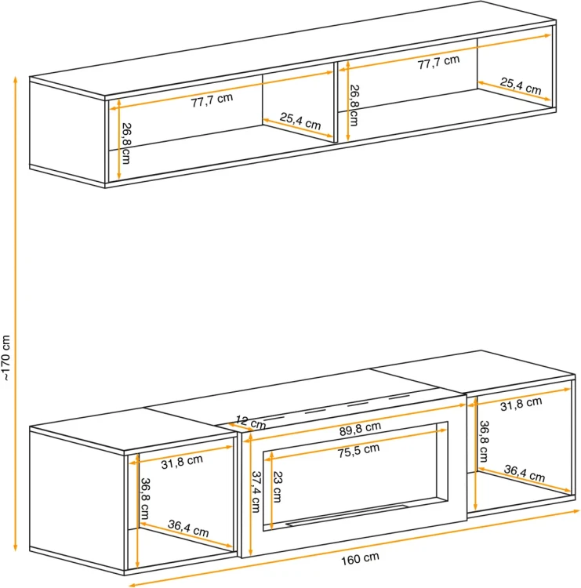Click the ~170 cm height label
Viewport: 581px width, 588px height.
[x=6, y=358]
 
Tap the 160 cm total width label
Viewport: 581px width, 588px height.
[x=360, y=559]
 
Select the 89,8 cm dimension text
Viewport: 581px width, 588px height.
[x=360, y=429]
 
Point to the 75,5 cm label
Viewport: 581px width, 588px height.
[x=358, y=451]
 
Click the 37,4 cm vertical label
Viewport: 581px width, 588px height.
[x=256, y=492]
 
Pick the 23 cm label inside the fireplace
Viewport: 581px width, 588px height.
[x=278, y=487]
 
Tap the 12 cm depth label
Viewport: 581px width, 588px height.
[x=251, y=423]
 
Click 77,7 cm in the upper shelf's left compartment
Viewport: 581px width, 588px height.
[x=212, y=100]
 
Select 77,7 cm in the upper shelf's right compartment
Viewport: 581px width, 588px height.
[x=438, y=62]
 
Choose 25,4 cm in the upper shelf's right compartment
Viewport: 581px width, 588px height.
[x=521, y=86]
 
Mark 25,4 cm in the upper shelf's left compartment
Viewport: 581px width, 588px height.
[x=300, y=121]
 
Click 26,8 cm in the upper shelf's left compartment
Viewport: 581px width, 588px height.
[x=126, y=143]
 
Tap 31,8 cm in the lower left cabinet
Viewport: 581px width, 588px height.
[x=182, y=462]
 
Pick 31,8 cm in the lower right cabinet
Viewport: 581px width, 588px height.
[x=521, y=404]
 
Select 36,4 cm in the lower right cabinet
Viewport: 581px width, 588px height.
[x=524, y=474]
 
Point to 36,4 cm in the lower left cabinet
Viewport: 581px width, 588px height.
[x=188, y=528]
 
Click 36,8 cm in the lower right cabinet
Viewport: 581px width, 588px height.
[x=484, y=441]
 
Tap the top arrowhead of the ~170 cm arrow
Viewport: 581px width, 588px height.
[x=16, y=78]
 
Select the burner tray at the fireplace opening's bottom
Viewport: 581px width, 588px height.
[x=347, y=515]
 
